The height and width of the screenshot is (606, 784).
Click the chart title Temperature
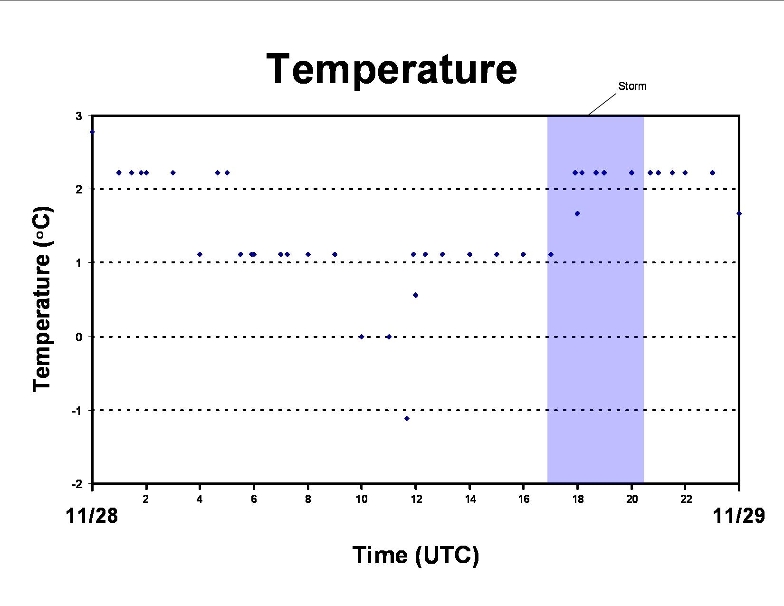[392, 69]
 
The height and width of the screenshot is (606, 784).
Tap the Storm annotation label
[632, 86]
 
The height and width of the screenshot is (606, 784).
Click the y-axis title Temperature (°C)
[42, 299]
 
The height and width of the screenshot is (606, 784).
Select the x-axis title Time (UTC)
[416, 556]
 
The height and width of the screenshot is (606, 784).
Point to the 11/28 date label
[92, 515]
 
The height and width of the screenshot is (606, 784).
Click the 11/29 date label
[738, 515]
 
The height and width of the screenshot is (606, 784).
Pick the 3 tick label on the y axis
[79, 116]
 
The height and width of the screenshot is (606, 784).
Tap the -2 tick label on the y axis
[77, 484]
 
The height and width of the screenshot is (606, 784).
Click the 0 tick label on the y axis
[79, 337]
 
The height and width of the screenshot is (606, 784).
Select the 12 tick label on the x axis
[416, 499]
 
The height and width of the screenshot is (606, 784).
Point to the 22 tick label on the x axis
[686, 499]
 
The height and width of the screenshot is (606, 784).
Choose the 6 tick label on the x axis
[254, 499]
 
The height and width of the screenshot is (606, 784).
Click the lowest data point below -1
[407, 419]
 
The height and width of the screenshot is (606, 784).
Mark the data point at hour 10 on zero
[362, 337]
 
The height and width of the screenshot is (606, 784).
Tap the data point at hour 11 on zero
[389, 337]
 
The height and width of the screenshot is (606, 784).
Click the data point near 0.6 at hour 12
[415, 295]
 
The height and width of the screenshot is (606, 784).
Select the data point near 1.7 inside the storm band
[577, 214]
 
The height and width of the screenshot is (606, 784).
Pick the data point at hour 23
[712, 173]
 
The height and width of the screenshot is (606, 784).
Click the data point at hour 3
[173, 173]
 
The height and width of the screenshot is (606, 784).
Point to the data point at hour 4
[200, 254]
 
